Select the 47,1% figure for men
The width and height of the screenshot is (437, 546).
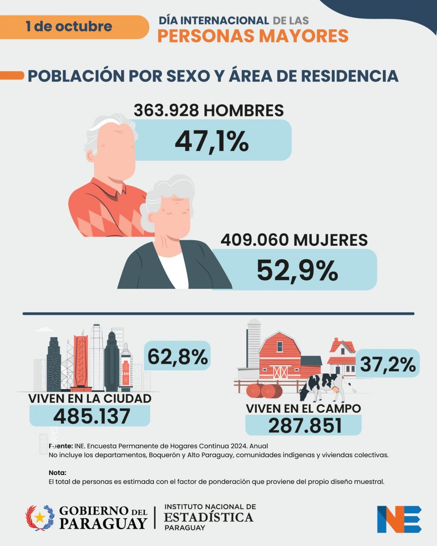212,141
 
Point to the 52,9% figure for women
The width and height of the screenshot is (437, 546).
297,270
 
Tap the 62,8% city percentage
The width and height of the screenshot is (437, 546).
178,356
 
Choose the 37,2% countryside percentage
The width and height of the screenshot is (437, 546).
388,364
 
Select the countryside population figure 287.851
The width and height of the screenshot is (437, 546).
305,425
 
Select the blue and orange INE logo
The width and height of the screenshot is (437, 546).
399,519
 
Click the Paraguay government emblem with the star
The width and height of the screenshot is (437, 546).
40,518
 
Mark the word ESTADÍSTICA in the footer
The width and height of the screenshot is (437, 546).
208,517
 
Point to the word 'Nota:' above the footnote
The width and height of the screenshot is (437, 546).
57,473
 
